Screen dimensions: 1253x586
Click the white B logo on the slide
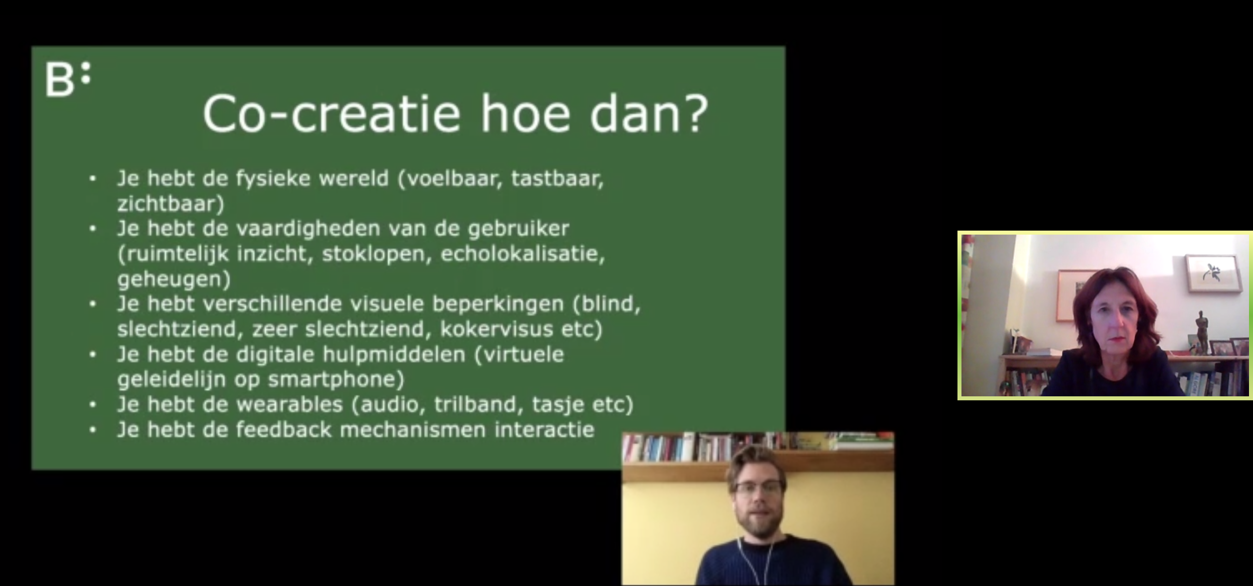68,79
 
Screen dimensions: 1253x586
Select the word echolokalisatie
522,254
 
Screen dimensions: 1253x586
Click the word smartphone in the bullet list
335,380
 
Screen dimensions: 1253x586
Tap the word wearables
290,404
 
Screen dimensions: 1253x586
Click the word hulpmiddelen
394,354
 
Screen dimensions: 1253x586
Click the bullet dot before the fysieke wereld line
92,178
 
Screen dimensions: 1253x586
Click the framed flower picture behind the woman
1213,273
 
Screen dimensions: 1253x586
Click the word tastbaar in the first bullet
557,179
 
